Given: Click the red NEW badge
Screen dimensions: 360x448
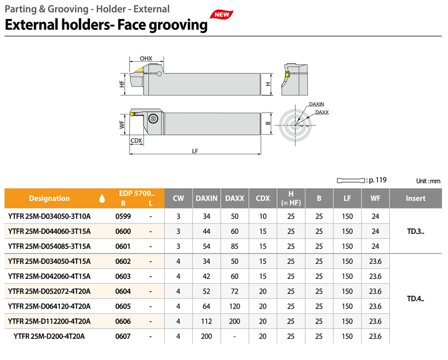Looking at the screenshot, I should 222,14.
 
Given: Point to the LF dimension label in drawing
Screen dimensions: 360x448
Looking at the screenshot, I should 195,151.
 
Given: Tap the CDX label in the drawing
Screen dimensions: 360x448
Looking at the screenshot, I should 136,140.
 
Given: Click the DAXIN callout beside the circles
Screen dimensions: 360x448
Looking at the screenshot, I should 316,104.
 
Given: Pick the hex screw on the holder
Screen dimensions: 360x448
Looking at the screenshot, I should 153,119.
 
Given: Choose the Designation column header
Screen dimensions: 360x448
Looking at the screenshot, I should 49,199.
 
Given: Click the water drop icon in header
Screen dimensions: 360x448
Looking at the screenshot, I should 102,199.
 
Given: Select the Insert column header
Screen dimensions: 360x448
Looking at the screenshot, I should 416,199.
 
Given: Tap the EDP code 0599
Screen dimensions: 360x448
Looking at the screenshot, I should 123,217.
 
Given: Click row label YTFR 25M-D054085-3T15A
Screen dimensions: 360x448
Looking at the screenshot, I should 49,246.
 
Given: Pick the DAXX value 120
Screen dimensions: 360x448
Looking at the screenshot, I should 235,306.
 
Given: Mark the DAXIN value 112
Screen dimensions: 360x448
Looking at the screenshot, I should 206,321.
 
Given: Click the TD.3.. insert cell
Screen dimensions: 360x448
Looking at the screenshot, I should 416,231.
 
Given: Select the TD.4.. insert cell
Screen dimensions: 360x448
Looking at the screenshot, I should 416,298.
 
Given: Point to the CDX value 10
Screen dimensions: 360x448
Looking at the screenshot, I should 263,217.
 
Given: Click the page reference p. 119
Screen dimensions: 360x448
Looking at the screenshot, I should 376,181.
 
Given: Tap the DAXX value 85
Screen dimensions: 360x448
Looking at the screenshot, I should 235,246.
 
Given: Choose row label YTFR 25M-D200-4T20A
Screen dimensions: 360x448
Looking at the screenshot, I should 49,336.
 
